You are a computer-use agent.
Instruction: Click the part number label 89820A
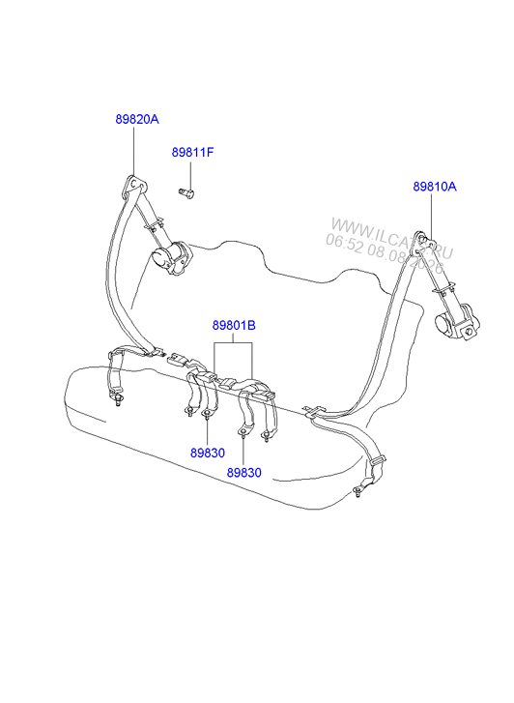pyautogui.click(x=137, y=119)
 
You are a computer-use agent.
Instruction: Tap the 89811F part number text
pyautogui.click(x=192, y=153)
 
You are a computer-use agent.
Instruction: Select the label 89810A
pyautogui.click(x=435, y=187)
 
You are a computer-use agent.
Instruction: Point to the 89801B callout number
pyautogui.click(x=234, y=325)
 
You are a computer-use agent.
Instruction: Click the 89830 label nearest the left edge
pyautogui.click(x=208, y=453)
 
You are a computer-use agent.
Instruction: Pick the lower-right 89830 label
pyautogui.click(x=243, y=473)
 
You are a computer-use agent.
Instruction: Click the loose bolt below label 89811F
pyautogui.click(x=186, y=192)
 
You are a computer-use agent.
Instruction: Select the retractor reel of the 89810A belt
pyautogui.click(x=457, y=321)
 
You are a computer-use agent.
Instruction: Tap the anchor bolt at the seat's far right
pyautogui.click(x=358, y=491)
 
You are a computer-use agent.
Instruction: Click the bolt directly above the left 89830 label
pyautogui.click(x=207, y=414)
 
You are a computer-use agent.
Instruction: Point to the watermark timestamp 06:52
pyautogui.click(x=343, y=243)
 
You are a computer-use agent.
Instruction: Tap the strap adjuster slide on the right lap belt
pyautogui.click(x=378, y=461)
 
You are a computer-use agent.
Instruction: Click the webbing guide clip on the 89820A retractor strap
pyautogui.click(x=155, y=225)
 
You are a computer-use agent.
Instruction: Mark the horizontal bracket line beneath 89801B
pyautogui.click(x=234, y=343)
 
